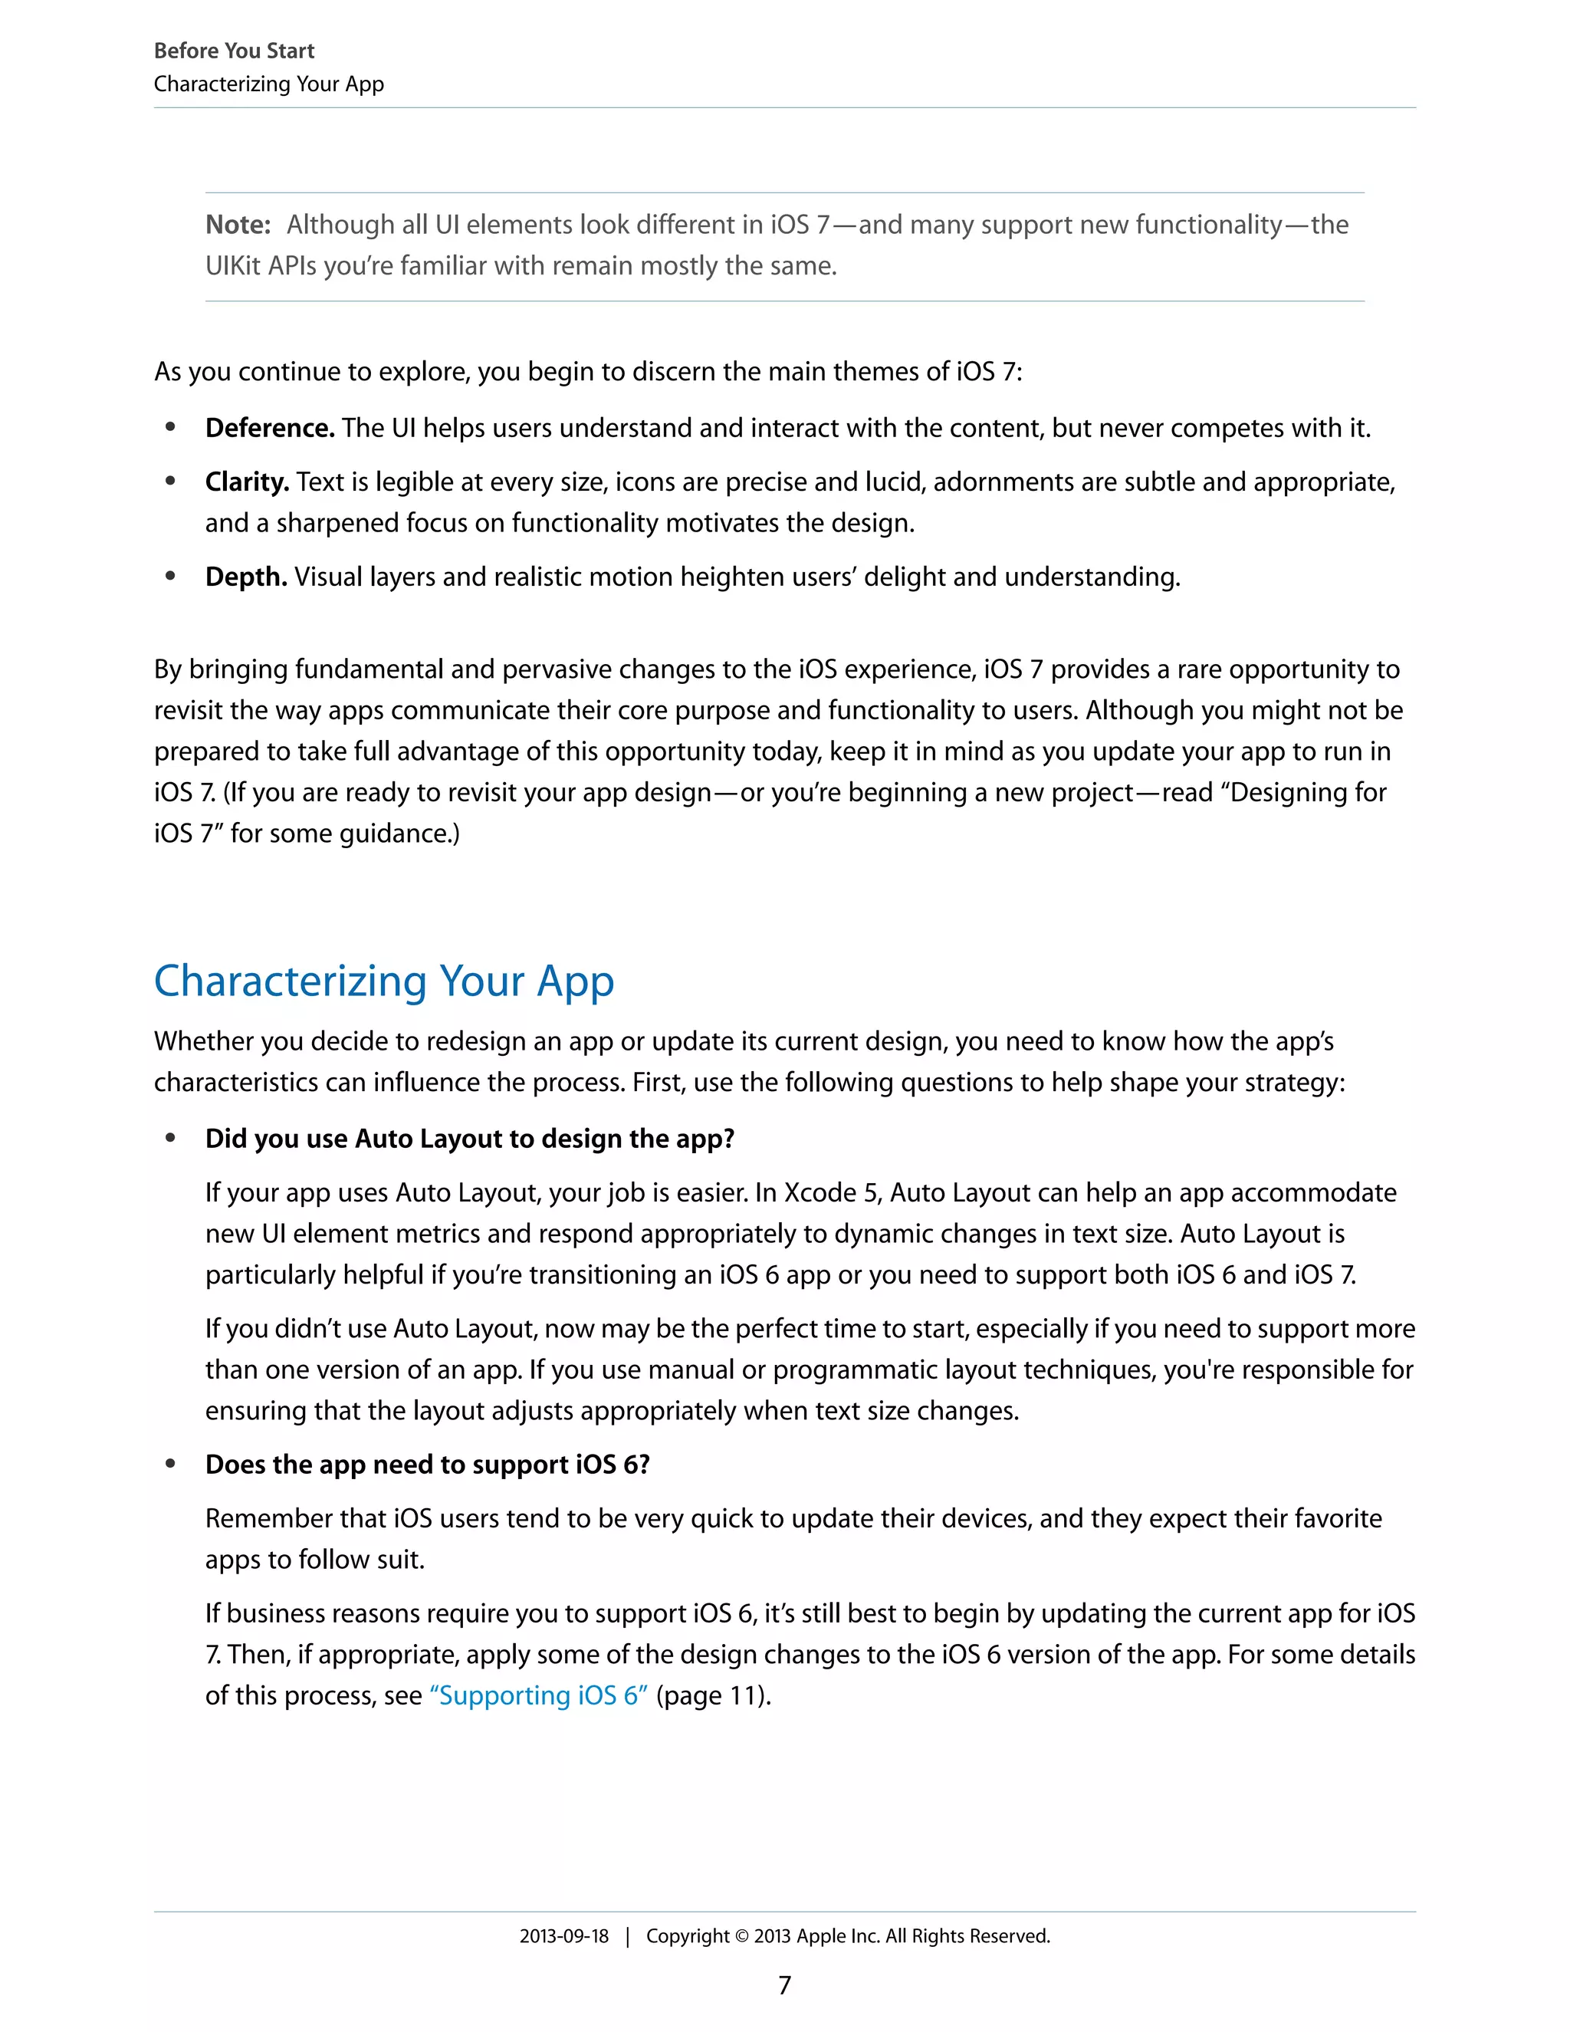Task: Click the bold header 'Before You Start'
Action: point(234,51)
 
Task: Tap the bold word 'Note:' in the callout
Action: point(237,224)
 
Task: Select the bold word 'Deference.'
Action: point(269,428)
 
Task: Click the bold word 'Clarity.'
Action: point(247,482)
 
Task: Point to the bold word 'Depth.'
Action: point(245,577)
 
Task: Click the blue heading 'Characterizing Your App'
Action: point(383,981)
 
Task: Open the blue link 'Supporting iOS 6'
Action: point(538,1695)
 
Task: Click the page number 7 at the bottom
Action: point(784,1985)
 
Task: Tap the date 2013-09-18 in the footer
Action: point(563,1936)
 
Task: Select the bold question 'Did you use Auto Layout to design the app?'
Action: point(470,1139)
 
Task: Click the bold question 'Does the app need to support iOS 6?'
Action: point(427,1465)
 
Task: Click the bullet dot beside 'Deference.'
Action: point(170,428)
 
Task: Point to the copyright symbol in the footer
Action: point(741,1937)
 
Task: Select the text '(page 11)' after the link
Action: point(712,1695)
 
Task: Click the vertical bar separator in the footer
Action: point(628,1937)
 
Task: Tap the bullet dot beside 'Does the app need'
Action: point(170,1465)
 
